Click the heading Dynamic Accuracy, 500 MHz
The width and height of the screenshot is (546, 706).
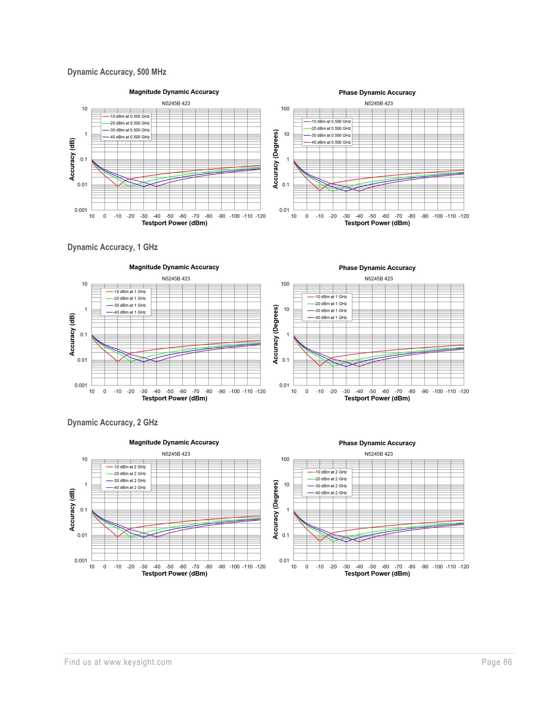pos(117,72)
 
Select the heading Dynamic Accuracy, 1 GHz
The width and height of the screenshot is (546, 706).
pos(112,247)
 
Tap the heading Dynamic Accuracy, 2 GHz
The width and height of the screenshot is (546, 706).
pos(112,423)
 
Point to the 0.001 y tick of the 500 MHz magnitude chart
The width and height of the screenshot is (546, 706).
pos(81,210)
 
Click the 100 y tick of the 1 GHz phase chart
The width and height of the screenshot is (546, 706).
pos(285,284)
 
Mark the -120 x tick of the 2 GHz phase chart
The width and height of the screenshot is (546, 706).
pos(464,567)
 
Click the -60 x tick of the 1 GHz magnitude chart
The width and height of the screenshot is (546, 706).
pos(183,391)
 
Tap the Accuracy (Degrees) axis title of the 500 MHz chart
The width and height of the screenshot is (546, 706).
pos(276,159)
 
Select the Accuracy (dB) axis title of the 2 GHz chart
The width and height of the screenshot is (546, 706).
pos(72,510)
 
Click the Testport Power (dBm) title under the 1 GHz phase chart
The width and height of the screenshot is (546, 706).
pos(377,398)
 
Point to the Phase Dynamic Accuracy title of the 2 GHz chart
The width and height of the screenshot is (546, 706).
pos(377,443)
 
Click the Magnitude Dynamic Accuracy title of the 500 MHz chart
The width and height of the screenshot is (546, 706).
pos(174,92)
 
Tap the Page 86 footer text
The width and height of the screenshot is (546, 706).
pos(497,662)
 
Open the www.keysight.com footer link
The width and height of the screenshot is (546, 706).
pos(137,662)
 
